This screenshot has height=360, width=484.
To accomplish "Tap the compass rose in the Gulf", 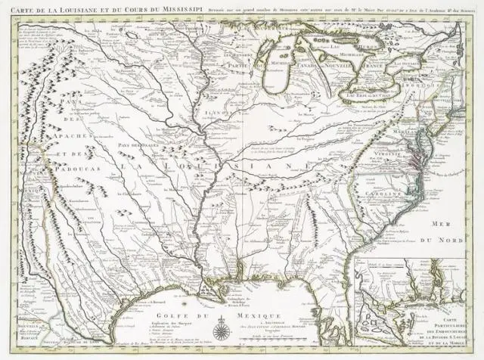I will (x=221, y=331).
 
